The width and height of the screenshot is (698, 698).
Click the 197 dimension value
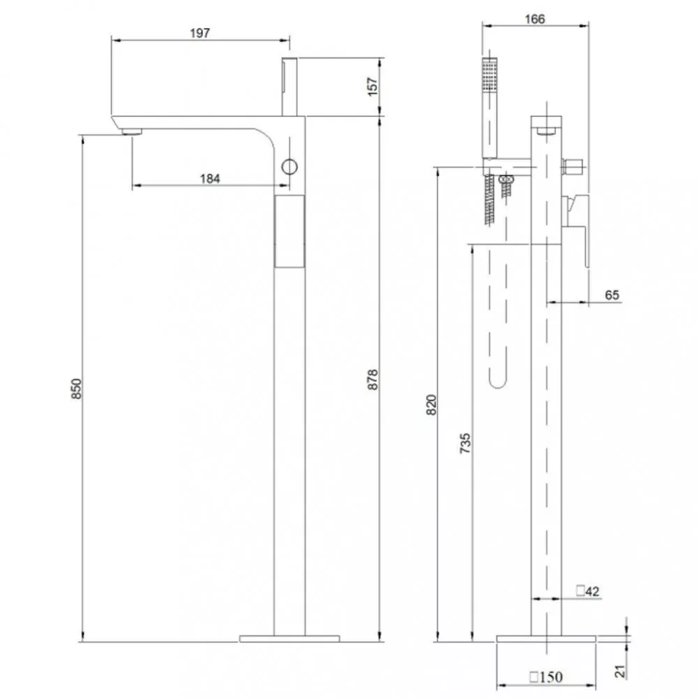[x=200, y=33]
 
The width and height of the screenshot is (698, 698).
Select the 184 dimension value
[x=210, y=179]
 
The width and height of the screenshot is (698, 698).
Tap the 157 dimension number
[x=372, y=87]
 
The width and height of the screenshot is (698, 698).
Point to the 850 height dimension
[x=77, y=389]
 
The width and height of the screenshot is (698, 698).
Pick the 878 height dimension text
[x=373, y=380]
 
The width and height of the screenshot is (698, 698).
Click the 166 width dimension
[x=534, y=19]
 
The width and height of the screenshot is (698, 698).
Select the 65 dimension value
[x=612, y=295]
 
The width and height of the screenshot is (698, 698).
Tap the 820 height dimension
[x=432, y=405]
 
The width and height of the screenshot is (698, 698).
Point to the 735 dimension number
[x=465, y=443]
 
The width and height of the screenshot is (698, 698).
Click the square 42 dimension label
[x=588, y=591]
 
